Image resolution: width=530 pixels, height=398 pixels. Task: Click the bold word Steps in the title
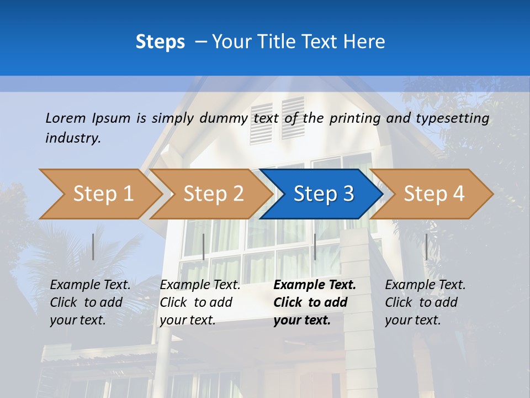[x=160, y=42]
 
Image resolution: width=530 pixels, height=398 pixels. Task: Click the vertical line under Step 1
[x=93, y=247]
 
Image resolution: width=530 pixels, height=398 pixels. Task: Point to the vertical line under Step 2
[x=204, y=247]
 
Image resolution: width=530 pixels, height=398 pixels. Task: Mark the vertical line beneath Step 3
[x=315, y=247]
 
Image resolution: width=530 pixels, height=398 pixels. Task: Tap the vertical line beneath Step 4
[x=426, y=247]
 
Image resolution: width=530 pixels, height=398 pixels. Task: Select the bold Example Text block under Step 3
[x=314, y=302]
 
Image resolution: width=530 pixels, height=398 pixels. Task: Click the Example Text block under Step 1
[x=90, y=302]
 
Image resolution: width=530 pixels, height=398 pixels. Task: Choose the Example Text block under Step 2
[x=200, y=302]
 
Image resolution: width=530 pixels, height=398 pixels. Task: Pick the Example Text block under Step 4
[x=425, y=302]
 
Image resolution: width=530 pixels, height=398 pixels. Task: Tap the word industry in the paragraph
[x=73, y=138]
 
